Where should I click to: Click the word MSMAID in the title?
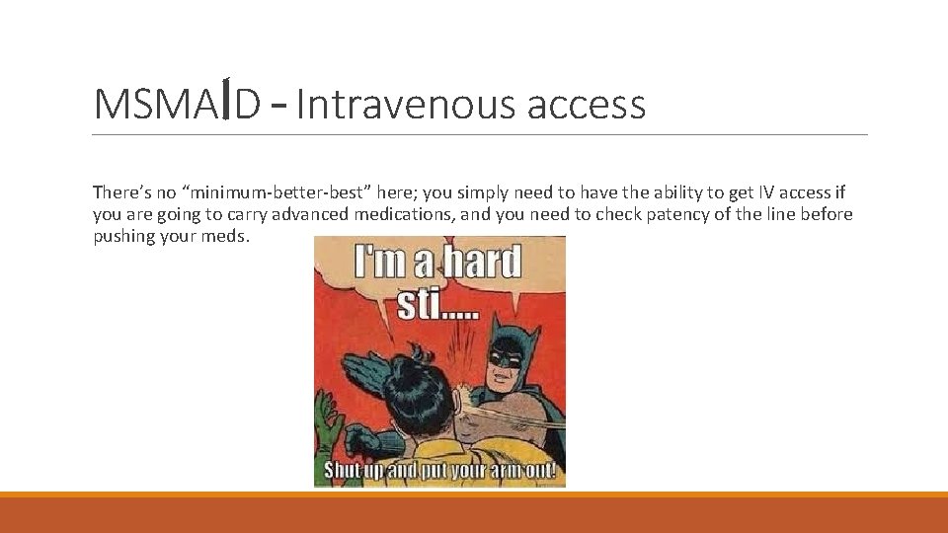tap(177, 104)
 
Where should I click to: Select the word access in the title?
tap(587, 104)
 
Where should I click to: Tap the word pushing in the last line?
tap(124, 236)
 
